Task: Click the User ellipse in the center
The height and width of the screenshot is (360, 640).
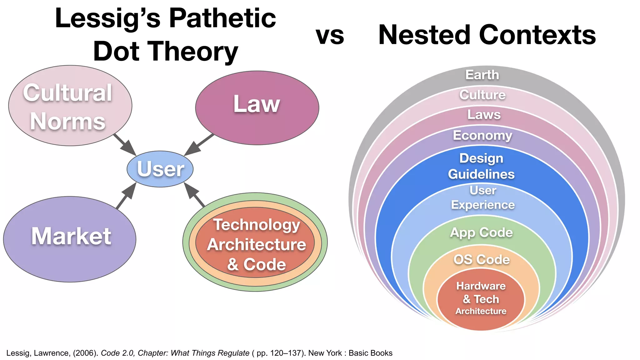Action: [x=160, y=169]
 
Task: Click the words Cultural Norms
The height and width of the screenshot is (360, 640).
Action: [x=68, y=107]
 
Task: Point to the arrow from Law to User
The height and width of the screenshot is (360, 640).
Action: [x=199, y=145]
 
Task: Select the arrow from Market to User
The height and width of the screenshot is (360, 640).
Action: [x=126, y=196]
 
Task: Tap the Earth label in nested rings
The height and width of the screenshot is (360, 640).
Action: [x=482, y=75]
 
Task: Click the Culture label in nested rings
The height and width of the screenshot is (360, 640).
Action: [x=482, y=95]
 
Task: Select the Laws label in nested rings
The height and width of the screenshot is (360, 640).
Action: [x=484, y=114]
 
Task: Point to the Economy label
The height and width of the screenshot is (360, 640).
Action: [x=482, y=135]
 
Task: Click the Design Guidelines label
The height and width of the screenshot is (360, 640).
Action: [x=481, y=166]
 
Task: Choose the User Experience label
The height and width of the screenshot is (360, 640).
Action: [x=483, y=197]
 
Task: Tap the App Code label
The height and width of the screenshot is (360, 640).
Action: [x=481, y=232]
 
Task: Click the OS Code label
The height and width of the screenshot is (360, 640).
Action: [x=481, y=259]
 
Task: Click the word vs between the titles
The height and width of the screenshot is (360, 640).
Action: [x=330, y=35]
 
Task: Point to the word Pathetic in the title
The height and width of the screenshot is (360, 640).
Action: [x=222, y=18]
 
